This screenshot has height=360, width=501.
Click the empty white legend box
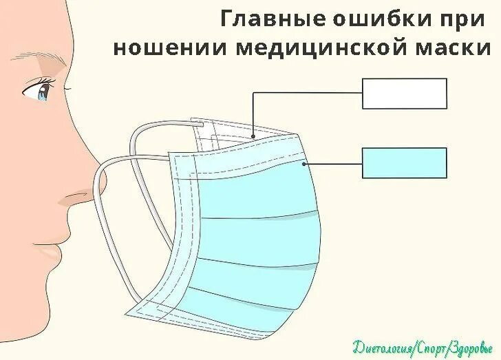pos(405,94)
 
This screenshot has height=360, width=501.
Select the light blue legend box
pos(405,163)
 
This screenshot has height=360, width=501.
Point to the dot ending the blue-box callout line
pos(303,164)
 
